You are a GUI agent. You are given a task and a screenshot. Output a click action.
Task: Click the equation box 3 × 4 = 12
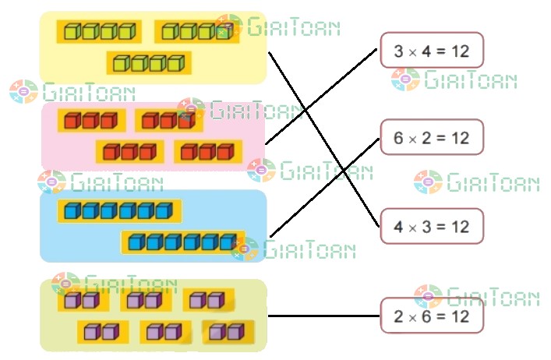432,51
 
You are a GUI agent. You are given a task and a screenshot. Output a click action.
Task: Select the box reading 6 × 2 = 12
432,137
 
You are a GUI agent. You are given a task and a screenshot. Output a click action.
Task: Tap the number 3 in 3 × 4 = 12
398,51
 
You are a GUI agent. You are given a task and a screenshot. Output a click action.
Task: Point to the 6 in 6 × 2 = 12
398,138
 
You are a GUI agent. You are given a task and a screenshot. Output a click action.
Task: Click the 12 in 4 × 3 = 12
460,227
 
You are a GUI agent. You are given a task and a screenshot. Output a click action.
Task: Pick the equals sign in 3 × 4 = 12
440,51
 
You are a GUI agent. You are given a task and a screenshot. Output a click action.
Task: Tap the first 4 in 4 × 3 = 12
398,227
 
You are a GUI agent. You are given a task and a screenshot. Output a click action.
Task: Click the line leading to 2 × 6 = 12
323,316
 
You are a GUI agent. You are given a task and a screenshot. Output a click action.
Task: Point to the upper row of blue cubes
118,211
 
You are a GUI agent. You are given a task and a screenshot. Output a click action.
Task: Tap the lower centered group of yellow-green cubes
149,62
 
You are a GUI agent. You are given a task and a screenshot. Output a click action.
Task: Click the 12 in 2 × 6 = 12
460,316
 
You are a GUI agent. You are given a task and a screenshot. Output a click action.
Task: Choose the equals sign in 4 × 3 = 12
440,227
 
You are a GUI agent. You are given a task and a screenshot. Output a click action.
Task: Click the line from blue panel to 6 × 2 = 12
323,188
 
